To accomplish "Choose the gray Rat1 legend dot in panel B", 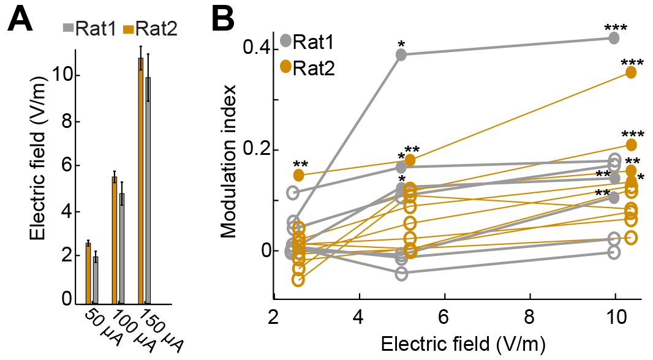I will (x=285, y=42).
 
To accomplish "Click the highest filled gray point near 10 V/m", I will (x=614, y=38).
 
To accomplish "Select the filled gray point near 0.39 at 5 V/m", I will (x=401, y=54).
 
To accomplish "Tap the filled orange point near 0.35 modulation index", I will (x=631, y=72).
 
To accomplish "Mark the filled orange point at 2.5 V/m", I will (x=299, y=175).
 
